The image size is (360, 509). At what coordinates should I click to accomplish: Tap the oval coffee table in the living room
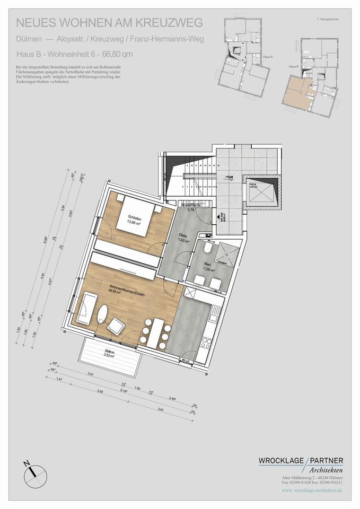pyautogui.click(x=103, y=315)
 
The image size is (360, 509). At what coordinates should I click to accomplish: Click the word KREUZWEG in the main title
pyautogui.click(x=164, y=22)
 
